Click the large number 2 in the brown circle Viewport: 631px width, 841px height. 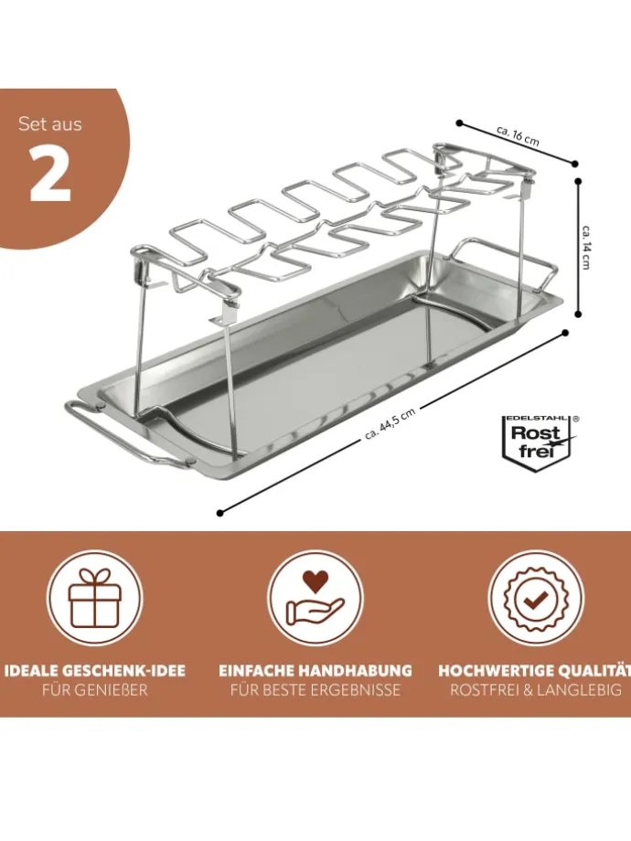click(x=50, y=173)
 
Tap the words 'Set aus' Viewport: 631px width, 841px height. click(x=50, y=124)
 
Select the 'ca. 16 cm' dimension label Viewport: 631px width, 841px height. click(x=518, y=136)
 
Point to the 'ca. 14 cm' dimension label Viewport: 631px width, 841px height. click(x=586, y=247)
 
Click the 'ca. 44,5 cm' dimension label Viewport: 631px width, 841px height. click(x=390, y=423)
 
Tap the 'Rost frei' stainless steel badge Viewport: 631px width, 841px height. click(x=540, y=443)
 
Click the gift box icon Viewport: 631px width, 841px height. click(x=95, y=598)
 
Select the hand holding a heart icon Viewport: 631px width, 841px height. click(x=315, y=598)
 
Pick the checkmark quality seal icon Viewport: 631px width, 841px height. click(x=536, y=598)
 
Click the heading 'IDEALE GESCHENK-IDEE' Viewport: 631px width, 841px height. click(x=94, y=670)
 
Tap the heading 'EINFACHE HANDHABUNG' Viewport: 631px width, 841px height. click(x=315, y=670)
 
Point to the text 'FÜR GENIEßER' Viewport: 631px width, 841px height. click(x=94, y=690)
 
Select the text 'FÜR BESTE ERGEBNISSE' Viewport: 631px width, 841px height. click(x=315, y=690)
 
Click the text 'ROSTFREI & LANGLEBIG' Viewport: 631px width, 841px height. click(x=536, y=690)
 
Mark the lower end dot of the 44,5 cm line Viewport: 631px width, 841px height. click(x=220, y=514)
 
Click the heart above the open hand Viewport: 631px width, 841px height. click(x=315, y=581)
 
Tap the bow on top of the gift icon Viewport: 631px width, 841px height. click(x=95, y=577)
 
